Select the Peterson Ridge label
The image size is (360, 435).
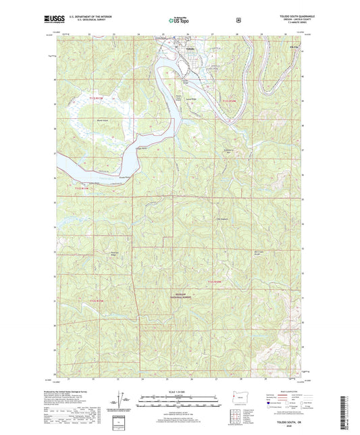click(115, 254)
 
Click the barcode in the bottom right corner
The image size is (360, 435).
click(350, 409)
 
